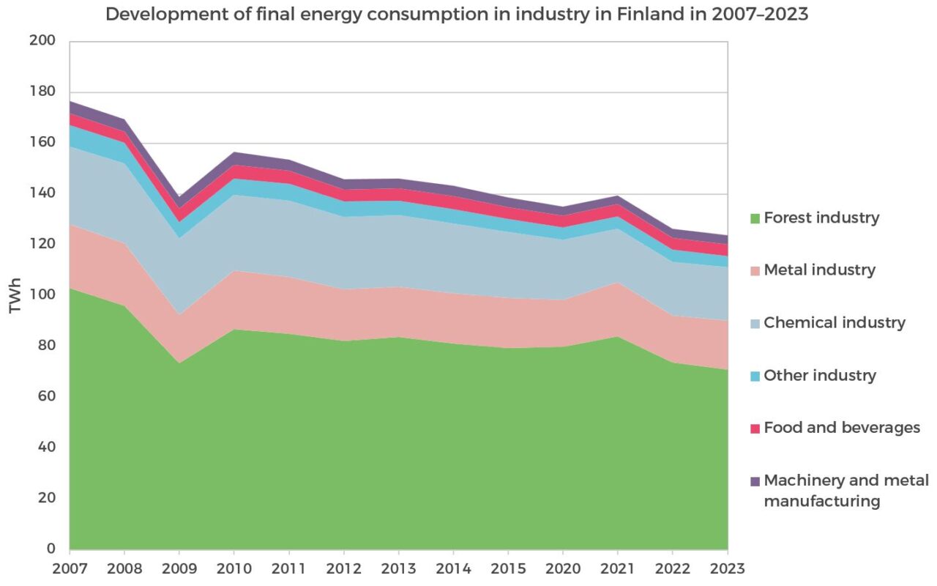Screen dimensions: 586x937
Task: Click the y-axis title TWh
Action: coord(15,295)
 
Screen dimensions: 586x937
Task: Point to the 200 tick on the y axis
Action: coord(42,41)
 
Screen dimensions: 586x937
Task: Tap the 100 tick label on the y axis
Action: coord(42,294)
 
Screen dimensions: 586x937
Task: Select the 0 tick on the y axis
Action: coord(51,549)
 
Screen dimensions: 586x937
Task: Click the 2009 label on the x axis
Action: coord(179,568)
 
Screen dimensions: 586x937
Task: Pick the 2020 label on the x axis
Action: coord(563,568)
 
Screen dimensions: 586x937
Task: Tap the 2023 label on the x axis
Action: coord(727,568)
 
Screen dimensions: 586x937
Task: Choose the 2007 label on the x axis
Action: coord(70,568)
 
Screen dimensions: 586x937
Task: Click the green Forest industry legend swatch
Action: coord(754,218)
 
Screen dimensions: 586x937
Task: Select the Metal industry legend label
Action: coord(819,270)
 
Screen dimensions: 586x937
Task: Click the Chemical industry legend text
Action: coord(835,323)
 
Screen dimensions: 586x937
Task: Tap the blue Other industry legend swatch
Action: coord(754,376)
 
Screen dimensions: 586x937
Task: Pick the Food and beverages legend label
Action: coord(842,428)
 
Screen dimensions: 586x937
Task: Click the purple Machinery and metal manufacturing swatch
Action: coord(754,481)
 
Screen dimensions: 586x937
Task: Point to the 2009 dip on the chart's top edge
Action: coord(179,197)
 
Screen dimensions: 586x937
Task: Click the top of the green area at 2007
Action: coord(71,289)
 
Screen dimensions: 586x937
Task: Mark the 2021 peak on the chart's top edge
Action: coord(617,196)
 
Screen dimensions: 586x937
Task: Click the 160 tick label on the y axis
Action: coord(42,142)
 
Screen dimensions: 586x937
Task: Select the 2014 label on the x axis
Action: coord(453,568)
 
